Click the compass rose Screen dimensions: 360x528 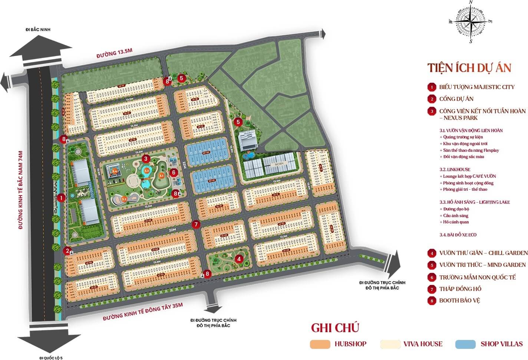click(471, 22)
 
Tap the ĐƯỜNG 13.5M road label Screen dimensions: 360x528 click(114, 53)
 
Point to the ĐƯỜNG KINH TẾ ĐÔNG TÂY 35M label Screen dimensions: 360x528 click(143, 312)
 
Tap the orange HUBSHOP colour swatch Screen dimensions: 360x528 click(320, 344)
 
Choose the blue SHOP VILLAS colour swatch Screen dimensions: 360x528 click(465, 344)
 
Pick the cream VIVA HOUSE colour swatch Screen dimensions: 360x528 click(390, 344)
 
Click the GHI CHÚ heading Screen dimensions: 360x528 click(335, 328)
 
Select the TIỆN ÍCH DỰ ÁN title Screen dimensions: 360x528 click(469, 68)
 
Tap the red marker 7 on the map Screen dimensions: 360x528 click(196, 224)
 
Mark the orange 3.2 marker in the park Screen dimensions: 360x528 click(124, 199)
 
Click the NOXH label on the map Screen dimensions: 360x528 click(279, 163)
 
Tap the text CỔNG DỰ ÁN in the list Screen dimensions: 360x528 click(456, 99)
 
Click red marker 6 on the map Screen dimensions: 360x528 click(173, 172)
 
